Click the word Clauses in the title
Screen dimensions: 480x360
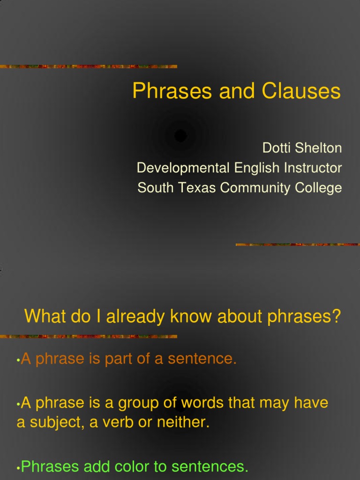point(301,91)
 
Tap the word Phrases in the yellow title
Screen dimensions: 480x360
point(172,91)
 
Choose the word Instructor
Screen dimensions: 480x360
point(311,168)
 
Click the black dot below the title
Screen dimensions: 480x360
point(180,136)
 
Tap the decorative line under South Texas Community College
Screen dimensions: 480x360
point(298,245)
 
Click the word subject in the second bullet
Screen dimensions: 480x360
point(50,423)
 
